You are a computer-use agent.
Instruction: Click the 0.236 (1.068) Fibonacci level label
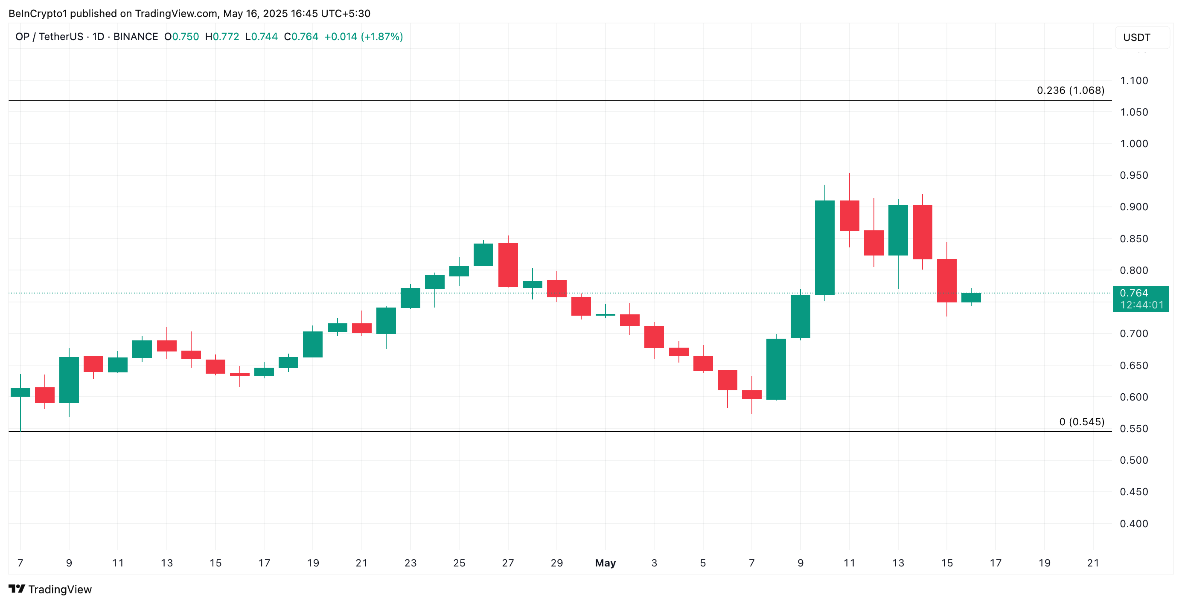pyautogui.click(x=1070, y=90)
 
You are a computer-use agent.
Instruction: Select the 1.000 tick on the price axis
pyautogui.click(x=1133, y=144)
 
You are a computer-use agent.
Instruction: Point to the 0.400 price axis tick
pyautogui.click(x=1133, y=523)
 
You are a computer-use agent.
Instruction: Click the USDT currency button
pyautogui.click(x=1137, y=37)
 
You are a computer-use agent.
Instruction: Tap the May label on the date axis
pyautogui.click(x=605, y=563)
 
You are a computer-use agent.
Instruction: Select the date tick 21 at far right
pyautogui.click(x=1093, y=563)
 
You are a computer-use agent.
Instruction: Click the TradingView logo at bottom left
pyautogui.click(x=50, y=589)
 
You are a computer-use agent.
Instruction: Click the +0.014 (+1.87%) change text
pyautogui.click(x=364, y=37)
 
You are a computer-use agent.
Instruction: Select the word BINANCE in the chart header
pyautogui.click(x=135, y=37)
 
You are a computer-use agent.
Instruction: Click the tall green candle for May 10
pyautogui.click(x=824, y=248)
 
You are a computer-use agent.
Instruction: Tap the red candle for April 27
pyautogui.click(x=508, y=265)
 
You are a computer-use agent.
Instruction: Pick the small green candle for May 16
pyautogui.click(x=971, y=298)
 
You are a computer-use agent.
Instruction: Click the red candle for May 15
pyautogui.click(x=946, y=281)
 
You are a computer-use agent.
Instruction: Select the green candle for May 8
pyautogui.click(x=776, y=369)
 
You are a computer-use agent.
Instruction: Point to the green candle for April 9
pyautogui.click(x=69, y=380)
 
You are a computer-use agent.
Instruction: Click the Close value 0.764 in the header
pyautogui.click(x=305, y=37)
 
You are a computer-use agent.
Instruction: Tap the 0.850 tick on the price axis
pyautogui.click(x=1133, y=238)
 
